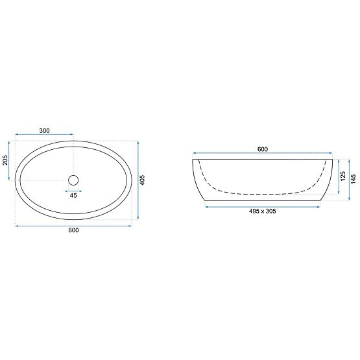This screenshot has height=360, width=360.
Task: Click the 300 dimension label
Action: point(44,130)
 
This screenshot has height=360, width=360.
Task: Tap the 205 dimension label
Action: point(5,160)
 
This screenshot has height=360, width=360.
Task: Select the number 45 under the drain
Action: point(73,195)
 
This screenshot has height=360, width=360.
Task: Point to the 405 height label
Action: point(150,180)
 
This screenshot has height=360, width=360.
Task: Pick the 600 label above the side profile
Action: point(263,149)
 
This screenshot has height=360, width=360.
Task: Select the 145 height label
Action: point(354,179)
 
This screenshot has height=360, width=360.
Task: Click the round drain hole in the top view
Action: point(73,180)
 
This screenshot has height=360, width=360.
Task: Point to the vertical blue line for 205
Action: point(10,160)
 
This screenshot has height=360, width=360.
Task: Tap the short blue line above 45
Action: point(73,191)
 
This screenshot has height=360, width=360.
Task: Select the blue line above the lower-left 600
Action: point(73,226)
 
